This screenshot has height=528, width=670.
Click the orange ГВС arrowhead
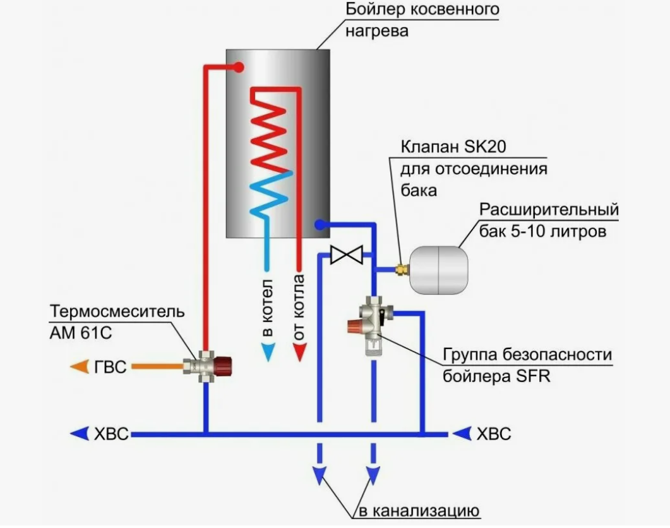point(80,367)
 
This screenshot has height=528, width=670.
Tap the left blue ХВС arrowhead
point(80,434)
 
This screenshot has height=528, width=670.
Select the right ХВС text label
point(494,434)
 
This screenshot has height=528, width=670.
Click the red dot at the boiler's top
point(239,67)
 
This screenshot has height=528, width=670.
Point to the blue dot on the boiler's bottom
point(319,224)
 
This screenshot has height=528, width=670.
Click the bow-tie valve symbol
point(347,255)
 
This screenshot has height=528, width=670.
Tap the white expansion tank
point(439,269)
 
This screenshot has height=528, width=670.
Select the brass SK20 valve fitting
point(402,269)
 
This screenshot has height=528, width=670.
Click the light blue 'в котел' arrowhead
point(268,352)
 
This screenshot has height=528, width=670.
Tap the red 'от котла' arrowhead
point(299,352)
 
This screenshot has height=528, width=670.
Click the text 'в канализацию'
point(419,510)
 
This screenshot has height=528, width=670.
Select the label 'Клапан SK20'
point(453,147)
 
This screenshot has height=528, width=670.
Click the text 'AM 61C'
point(81,333)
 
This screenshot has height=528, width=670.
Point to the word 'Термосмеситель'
point(117,311)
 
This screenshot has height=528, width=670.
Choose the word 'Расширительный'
point(549,210)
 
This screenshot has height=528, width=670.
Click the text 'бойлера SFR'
point(496,376)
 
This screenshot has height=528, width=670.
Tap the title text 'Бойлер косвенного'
point(422,9)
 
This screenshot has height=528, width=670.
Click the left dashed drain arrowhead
point(319,476)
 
